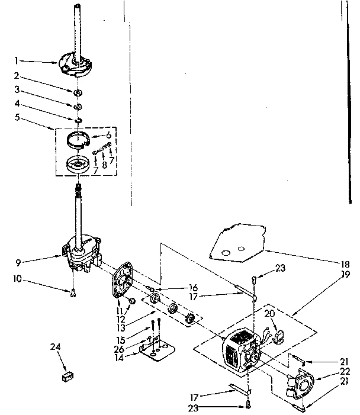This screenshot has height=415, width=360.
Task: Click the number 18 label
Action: coord(345,264)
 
